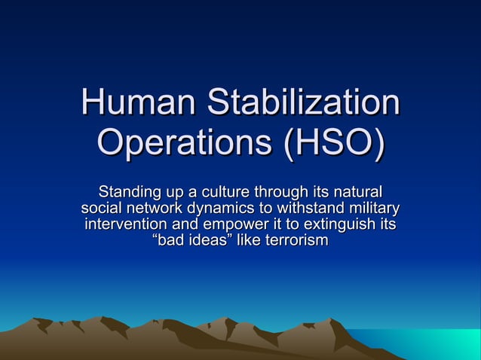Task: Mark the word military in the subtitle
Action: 374,207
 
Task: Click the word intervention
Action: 125,224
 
